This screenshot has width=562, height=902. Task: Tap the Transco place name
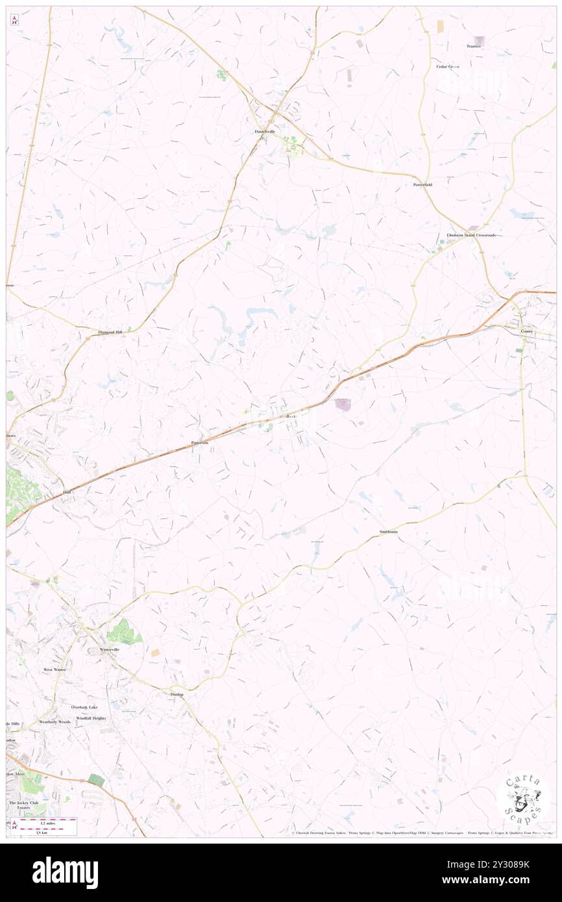pos(473,46)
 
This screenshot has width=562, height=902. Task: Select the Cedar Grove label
pos(447,67)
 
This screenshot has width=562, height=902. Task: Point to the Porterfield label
pos(422,185)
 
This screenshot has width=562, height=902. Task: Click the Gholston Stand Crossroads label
pos(470,235)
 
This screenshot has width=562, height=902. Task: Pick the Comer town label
pos(527,332)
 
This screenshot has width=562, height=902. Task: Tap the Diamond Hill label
pos(110,332)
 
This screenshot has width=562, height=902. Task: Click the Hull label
pos(66,493)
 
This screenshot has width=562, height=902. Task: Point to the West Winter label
pos(55,669)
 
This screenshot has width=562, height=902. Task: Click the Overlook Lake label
pos(84,707)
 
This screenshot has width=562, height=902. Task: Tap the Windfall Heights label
pos(91,718)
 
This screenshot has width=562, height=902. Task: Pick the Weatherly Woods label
pos(55,722)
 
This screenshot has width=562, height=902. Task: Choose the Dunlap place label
pos(177,694)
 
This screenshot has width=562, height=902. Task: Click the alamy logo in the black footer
pos(65,873)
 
